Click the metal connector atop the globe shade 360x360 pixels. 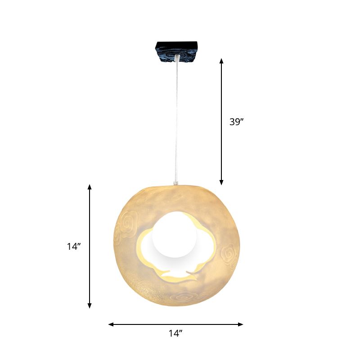(x=175, y=182)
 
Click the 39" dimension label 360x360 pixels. (x=236, y=121)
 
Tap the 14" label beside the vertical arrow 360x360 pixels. (x=74, y=246)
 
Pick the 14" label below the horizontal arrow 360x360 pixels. (x=175, y=333)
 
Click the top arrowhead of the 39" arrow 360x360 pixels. (x=221, y=61)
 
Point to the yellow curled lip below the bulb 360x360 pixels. (x=180, y=275)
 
